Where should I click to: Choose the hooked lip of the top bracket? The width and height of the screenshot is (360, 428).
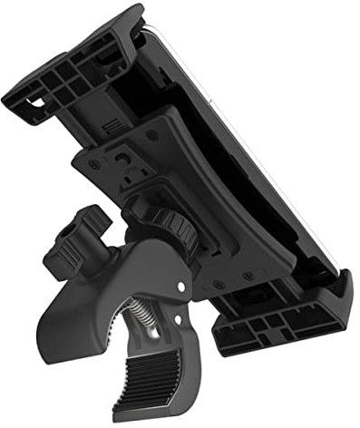pyautogui.click(x=131, y=15)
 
